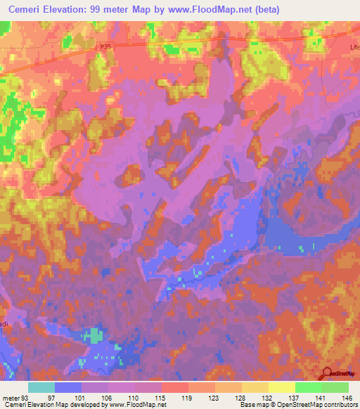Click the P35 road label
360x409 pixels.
click(x=105, y=46)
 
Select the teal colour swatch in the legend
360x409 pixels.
click(x=41, y=387)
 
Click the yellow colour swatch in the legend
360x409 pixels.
click(x=281, y=387)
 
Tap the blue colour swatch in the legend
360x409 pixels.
click(x=68, y=387)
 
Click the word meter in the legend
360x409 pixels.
click(x=11, y=396)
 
